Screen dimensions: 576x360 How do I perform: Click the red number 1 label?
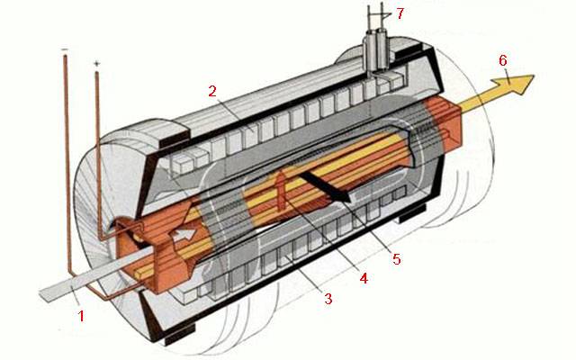click(81, 316)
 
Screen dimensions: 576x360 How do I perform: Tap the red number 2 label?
click(212, 91)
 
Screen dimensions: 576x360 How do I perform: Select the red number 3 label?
click(328, 299)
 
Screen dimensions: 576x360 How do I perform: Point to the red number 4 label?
click(364, 278)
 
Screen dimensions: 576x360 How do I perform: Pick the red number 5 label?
click(397, 259)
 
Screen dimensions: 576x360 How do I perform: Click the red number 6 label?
click(503, 60)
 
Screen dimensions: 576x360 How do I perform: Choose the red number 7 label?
click(400, 13)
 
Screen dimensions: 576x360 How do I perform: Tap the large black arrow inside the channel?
click(325, 186)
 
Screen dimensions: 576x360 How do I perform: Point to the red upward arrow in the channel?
click(281, 190)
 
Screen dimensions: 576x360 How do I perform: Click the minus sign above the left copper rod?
click(65, 49)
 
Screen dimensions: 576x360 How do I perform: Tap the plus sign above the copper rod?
click(96, 64)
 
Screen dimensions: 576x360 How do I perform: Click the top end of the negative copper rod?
click(66, 56)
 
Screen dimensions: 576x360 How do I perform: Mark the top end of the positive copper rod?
click(97, 73)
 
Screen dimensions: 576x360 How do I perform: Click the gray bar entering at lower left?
click(95, 274)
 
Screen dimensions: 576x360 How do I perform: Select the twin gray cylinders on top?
click(375, 50)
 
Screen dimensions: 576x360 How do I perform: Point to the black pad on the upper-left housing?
click(174, 134)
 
